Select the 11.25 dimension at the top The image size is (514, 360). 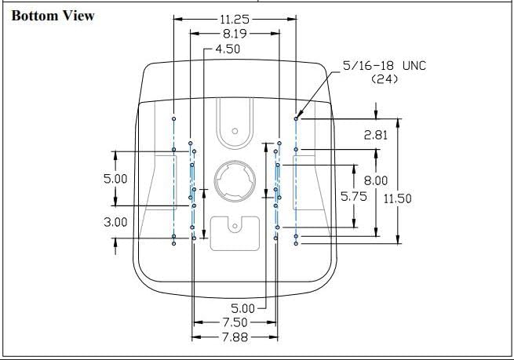tap(235, 18)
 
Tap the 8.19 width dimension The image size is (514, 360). tap(235, 34)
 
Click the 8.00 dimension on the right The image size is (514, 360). tap(374, 180)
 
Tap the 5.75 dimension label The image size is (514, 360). tap(353, 197)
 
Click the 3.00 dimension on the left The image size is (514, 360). tap(115, 222)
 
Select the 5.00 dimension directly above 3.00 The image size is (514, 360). tap(115, 178)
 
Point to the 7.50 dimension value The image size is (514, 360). tap(235, 322)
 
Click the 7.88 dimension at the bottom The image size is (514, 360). tap(235, 337)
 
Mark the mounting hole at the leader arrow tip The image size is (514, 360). tap(296, 118)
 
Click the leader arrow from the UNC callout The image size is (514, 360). tap(319, 96)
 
